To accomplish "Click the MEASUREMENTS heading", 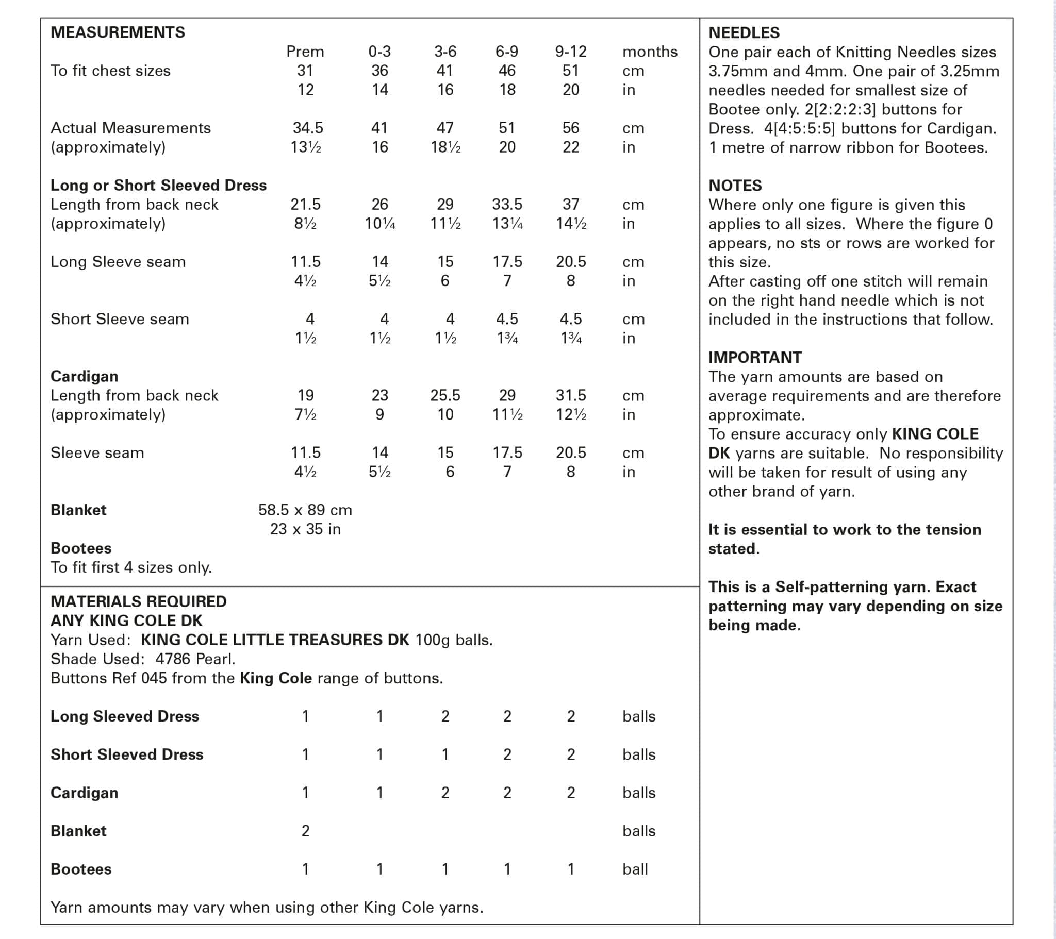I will coord(118,32).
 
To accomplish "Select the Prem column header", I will coord(305,52).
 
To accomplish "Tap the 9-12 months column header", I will coord(570,52).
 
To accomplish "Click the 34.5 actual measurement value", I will coord(307,128).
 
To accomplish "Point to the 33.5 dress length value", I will coord(507,205).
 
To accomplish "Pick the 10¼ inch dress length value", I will coord(379,224).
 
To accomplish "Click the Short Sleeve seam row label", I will coord(120,319).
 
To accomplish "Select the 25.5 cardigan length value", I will coord(445,396).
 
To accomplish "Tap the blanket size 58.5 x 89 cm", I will coord(305,510).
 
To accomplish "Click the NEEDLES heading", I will coord(744,33).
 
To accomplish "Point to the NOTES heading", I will coord(735,186).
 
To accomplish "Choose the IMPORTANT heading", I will coord(755,358).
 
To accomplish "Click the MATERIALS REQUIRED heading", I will coord(139,602).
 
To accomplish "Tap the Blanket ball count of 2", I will coord(305,831).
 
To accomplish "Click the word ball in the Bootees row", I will coord(635,869).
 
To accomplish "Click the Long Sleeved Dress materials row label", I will coord(124,716).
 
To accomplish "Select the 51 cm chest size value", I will coord(570,71).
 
